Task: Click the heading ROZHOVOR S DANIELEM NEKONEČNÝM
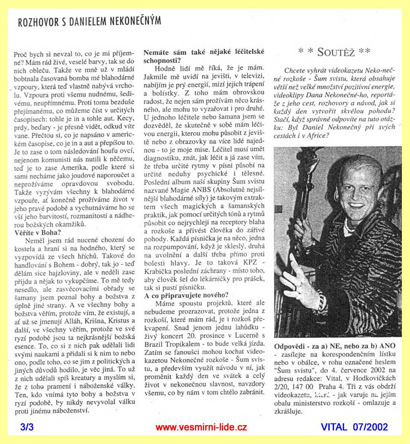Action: tap(89, 21)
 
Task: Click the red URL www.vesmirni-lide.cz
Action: tap(201, 427)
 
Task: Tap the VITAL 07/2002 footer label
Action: tap(354, 427)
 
